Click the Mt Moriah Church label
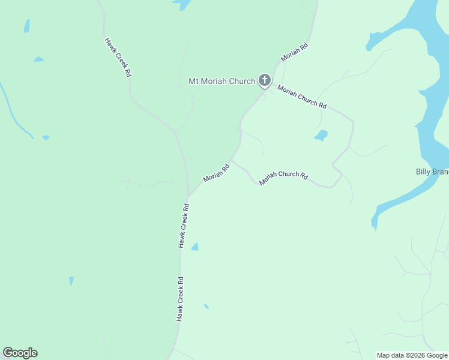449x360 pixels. (x=222, y=81)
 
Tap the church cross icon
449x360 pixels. (x=264, y=80)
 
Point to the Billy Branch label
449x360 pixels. (x=432, y=172)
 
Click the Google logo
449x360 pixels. (x=20, y=353)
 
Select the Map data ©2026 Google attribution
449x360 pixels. (x=412, y=355)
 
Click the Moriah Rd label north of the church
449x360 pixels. (x=294, y=52)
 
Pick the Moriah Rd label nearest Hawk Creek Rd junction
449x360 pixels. (x=216, y=173)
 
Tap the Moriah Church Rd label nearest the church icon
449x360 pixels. (x=302, y=97)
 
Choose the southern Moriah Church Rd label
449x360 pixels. (x=283, y=178)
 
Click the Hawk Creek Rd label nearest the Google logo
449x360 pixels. (x=180, y=299)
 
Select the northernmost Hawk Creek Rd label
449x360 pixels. (x=118, y=58)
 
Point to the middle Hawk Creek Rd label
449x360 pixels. (x=184, y=226)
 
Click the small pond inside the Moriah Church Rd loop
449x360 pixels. (x=321, y=136)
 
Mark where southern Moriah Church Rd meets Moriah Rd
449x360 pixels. (x=233, y=160)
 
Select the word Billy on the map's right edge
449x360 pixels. (x=423, y=172)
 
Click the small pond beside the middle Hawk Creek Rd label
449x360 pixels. (x=194, y=247)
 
